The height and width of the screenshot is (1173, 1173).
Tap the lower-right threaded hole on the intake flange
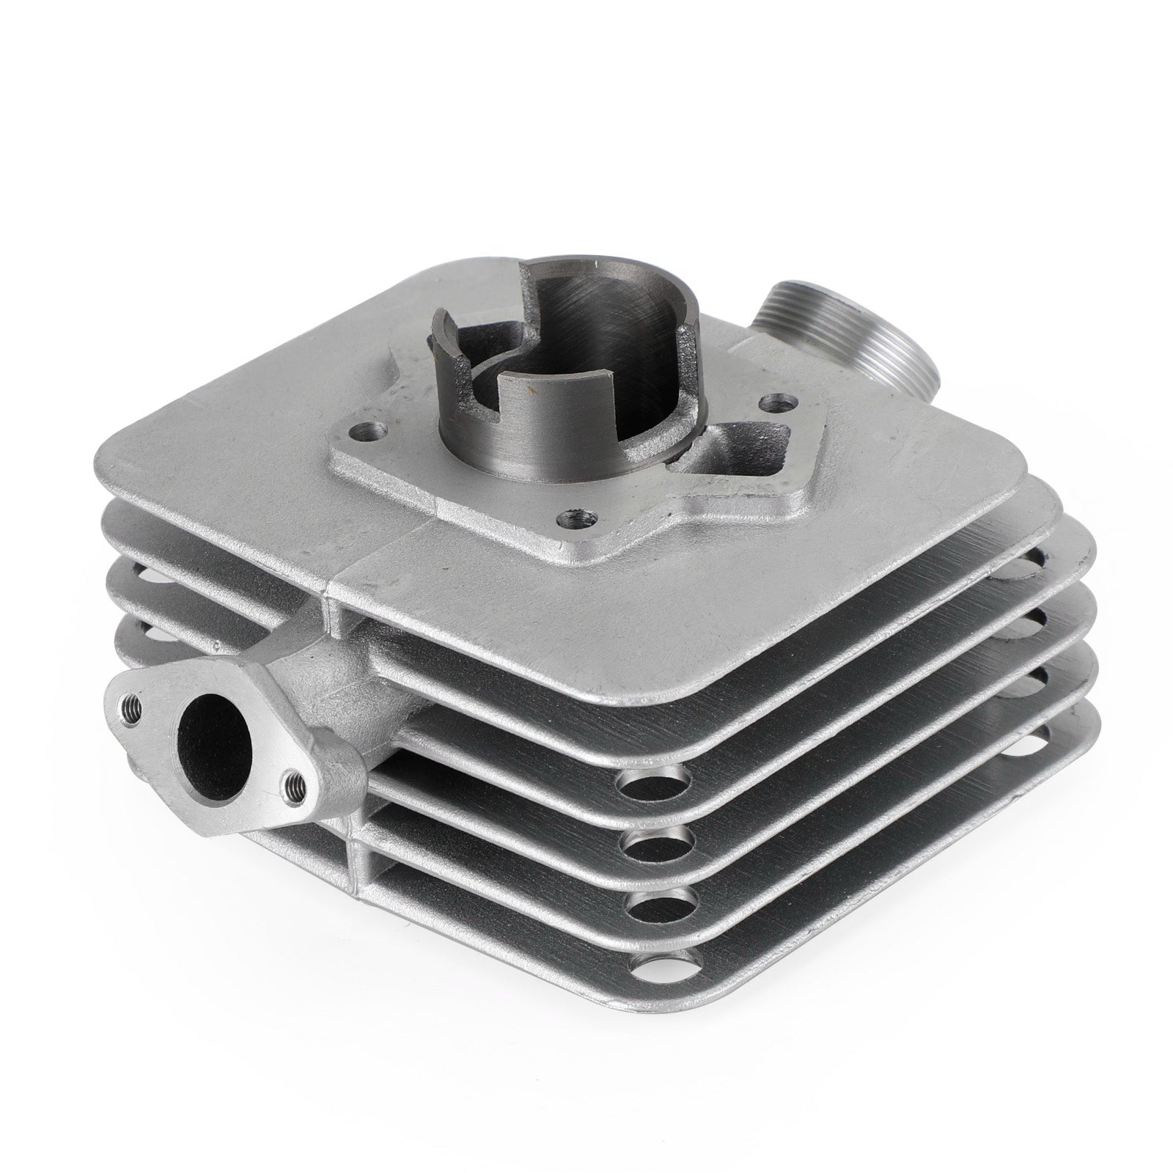(295, 783)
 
